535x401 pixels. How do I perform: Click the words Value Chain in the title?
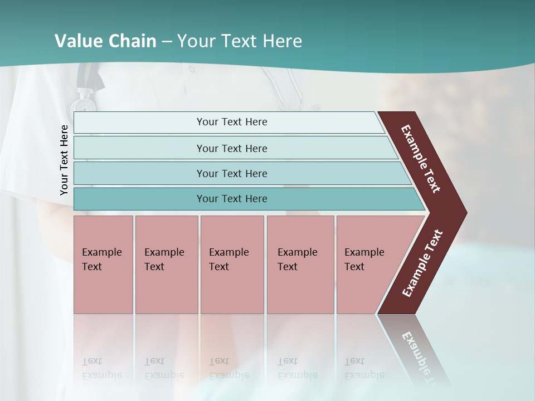pyautogui.click(x=105, y=41)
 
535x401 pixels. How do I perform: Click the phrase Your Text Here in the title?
pyautogui.click(x=240, y=41)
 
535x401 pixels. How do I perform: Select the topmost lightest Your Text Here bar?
pyautogui.click(x=232, y=122)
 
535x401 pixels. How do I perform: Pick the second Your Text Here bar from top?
pyautogui.click(x=232, y=148)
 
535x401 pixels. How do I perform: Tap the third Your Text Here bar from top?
pyautogui.click(x=232, y=173)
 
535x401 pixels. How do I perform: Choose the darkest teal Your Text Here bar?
pyautogui.click(x=232, y=199)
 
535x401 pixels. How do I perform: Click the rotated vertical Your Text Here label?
pyautogui.click(x=64, y=160)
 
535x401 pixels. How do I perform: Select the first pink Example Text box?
pyautogui.click(x=103, y=265)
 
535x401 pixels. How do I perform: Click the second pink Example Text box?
pyautogui.click(x=166, y=265)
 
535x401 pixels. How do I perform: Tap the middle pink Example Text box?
pyautogui.click(x=232, y=265)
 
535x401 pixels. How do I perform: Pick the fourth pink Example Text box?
pyautogui.click(x=300, y=265)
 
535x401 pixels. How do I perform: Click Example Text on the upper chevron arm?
pyautogui.click(x=421, y=159)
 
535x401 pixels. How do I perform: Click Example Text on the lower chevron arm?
pyautogui.click(x=422, y=263)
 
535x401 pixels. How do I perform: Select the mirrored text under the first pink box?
pyautogui.click(x=101, y=368)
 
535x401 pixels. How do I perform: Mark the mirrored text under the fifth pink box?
pyautogui.click(x=364, y=368)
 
